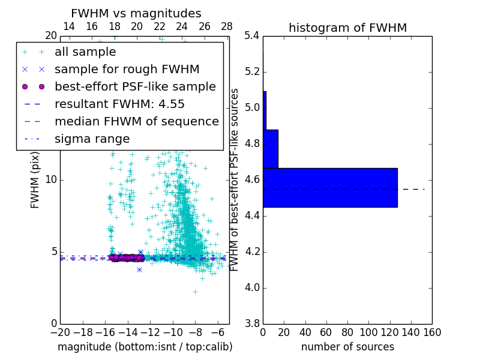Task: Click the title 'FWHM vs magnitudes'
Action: pos(136,13)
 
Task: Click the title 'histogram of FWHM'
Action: pos(347,28)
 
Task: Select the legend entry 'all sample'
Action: pos(85,52)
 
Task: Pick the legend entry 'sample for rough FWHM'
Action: pos(127,69)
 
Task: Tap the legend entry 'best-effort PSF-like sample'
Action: pos(135,86)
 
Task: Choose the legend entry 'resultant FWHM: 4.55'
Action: pos(119,104)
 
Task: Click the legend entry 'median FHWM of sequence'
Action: pos(136,121)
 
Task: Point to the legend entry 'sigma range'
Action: pos(92,139)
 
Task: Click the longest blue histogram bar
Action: pos(330,188)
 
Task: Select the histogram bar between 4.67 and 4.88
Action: pos(270,149)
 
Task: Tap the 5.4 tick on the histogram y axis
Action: pos(252,36)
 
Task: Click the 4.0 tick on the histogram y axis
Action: pos(252,287)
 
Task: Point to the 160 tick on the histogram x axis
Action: pos(432,332)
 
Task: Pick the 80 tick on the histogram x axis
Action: pos(347,332)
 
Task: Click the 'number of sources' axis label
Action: pos(347,347)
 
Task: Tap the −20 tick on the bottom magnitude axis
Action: pos(60,332)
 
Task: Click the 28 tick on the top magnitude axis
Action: pos(227,26)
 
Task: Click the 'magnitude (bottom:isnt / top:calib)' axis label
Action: pos(145,347)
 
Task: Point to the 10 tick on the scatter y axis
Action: pos(51,179)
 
